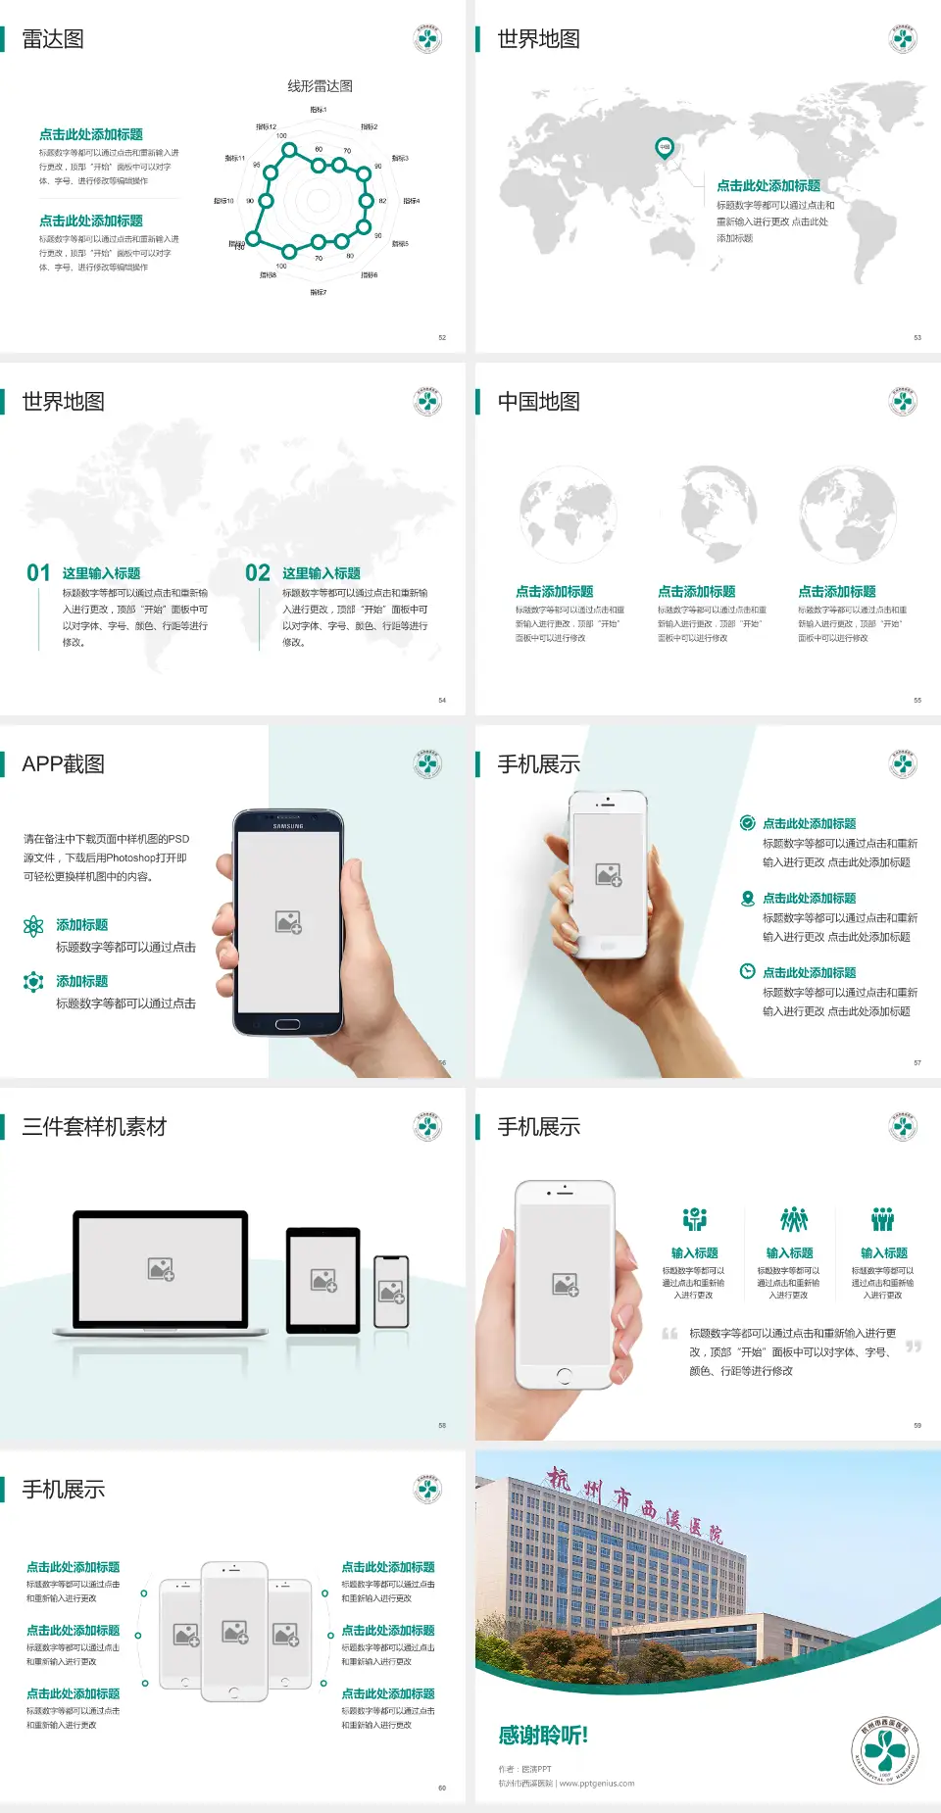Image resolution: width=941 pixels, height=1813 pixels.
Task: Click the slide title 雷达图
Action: pos(53,39)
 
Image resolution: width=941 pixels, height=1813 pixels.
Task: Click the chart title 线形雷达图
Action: pos(320,86)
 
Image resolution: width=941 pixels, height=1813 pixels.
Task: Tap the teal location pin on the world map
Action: pos(664,148)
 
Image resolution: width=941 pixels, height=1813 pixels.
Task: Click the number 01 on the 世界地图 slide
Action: pos(38,573)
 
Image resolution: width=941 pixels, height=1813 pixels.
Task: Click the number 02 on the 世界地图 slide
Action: pos(258,573)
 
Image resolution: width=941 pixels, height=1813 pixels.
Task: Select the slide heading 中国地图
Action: pos(538,402)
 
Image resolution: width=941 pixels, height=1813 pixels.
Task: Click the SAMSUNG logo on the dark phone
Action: pos(288,826)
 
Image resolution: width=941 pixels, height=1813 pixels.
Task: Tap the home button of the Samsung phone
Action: pos(287,1024)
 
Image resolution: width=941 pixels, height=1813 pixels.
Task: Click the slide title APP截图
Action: pos(63,764)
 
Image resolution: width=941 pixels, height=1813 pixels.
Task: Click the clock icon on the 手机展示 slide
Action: pos(747,971)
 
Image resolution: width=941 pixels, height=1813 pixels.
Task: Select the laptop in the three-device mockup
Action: pos(161,1271)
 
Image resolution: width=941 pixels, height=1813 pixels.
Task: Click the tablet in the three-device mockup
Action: pos(323,1280)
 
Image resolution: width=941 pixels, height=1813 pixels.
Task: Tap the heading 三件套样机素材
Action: pos(94,1127)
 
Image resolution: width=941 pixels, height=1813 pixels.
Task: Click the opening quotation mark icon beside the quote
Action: pos(669,1334)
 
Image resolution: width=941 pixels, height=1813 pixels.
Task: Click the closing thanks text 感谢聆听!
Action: pos(543,1736)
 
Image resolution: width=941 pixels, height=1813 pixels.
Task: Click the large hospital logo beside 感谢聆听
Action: pos(885,1751)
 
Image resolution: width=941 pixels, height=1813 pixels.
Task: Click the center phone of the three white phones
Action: pos(234,1631)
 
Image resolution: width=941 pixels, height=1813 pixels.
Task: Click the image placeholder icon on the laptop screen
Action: pos(161,1269)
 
